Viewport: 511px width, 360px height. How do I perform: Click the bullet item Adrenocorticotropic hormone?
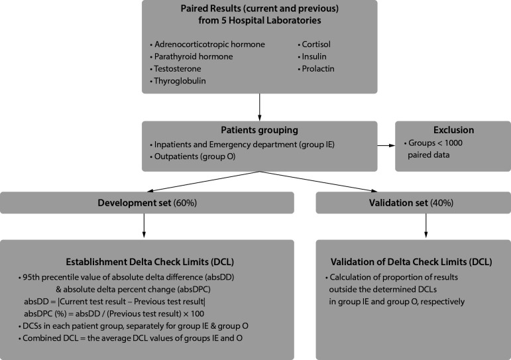(x=209, y=44)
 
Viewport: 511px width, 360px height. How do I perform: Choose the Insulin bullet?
(x=316, y=57)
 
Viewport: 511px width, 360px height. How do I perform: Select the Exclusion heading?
(x=453, y=130)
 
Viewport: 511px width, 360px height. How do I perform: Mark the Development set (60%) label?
(x=148, y=202)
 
